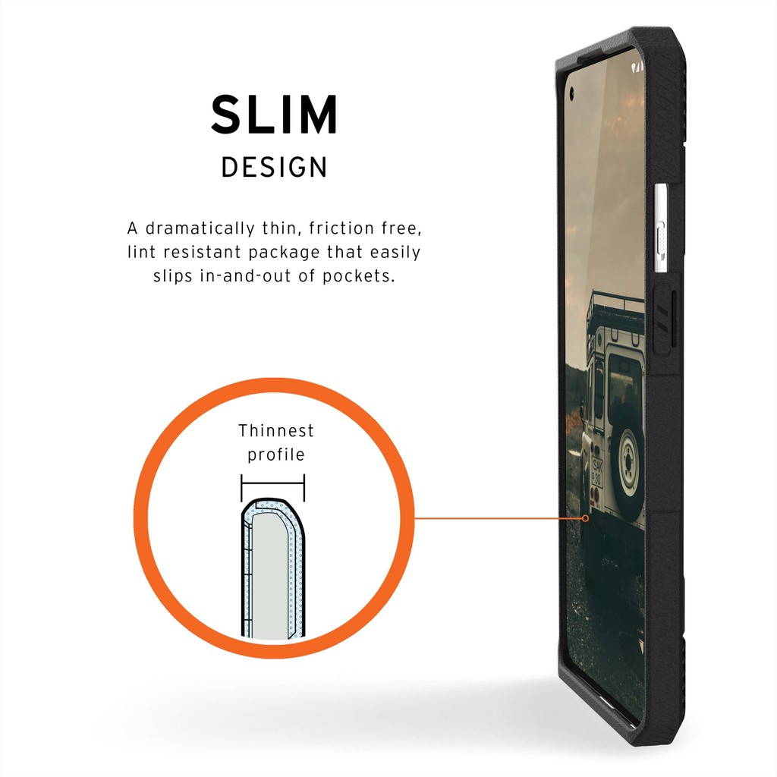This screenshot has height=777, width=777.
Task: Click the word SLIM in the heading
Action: [274, 115]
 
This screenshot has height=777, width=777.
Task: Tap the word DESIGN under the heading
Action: [274, 168]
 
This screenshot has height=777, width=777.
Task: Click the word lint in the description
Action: [141, 252]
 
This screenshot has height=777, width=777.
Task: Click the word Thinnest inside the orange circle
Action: [275, 431]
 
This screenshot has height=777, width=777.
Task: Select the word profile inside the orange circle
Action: [275, 455]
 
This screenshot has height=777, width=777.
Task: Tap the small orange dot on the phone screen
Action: [585, 519]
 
